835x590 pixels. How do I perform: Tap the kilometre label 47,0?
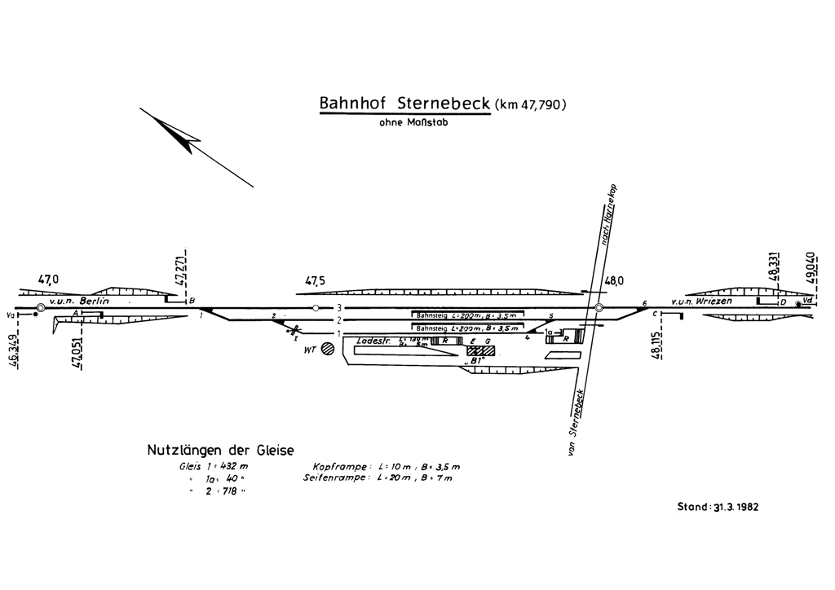tap(49, 280)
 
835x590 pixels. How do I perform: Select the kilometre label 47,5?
tap(316, 281)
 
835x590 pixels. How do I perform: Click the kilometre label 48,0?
tap(614, 281)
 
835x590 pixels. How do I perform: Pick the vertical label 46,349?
tap(16, 353)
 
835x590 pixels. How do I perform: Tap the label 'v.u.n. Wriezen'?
tap(701, 302)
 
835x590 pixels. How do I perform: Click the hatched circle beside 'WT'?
tap(328, 349)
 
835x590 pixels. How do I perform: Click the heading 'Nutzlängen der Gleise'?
tap(220, 449)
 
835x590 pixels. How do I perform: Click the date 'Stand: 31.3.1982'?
tap(718, 506)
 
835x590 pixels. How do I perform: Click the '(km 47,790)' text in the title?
tap(530, 104)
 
